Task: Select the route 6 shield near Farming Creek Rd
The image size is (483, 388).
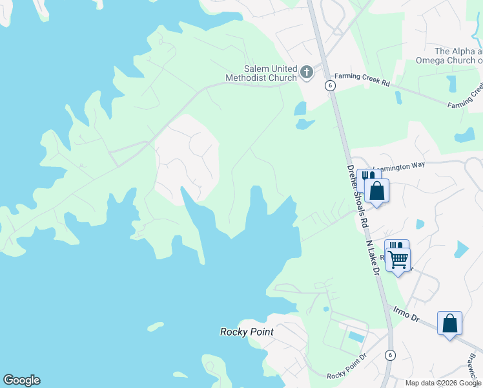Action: (330, 85)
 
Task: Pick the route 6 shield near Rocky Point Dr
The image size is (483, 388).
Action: (390, 355)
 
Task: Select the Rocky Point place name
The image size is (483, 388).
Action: (247, 332)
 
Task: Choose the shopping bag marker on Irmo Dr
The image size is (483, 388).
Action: (449, 323)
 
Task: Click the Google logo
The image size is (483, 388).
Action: (21, 380)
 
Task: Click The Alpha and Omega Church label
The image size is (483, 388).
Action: (458, 56)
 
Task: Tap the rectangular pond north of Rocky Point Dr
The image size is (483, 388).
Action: (356, 336)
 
